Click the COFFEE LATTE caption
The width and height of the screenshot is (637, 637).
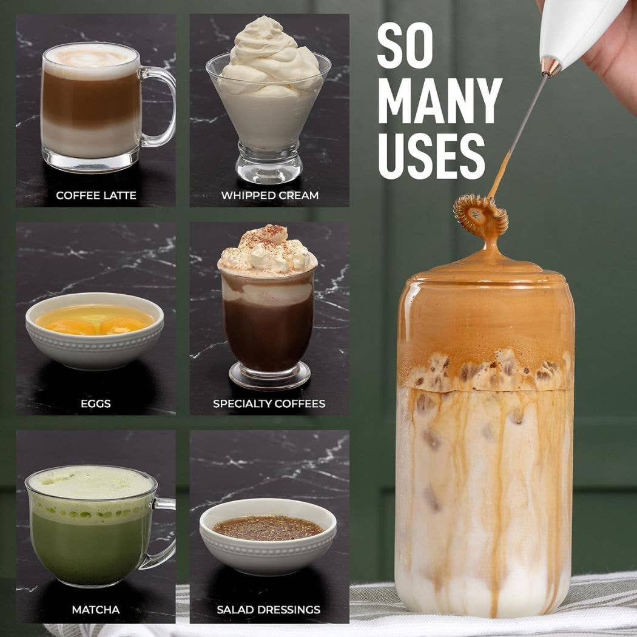(x=96, y=195)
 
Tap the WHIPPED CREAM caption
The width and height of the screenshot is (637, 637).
(x=270, y=195)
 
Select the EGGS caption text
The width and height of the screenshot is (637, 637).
(x=95, y=403)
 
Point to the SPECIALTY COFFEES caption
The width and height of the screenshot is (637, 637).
(x=269, y=403)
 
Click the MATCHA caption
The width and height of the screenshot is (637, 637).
(x=95, y=609)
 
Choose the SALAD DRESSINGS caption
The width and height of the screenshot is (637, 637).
(x=269, y=609)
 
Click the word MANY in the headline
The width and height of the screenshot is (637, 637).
(x=440, y=100)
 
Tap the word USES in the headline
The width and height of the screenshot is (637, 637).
(x=431, y=157)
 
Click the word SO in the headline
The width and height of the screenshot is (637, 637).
(x=405, y=45)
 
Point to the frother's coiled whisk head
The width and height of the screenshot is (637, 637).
(x=480, y=216)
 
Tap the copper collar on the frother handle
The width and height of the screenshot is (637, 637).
(x=551, y=67)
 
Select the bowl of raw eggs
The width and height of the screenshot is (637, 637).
(x=95, y=330)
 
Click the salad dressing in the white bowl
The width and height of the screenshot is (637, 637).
(x=268, y=527)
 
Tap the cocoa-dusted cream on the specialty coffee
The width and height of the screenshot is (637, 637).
(x=268, y=252)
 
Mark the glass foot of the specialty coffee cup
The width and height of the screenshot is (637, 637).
(x=270, y=376)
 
